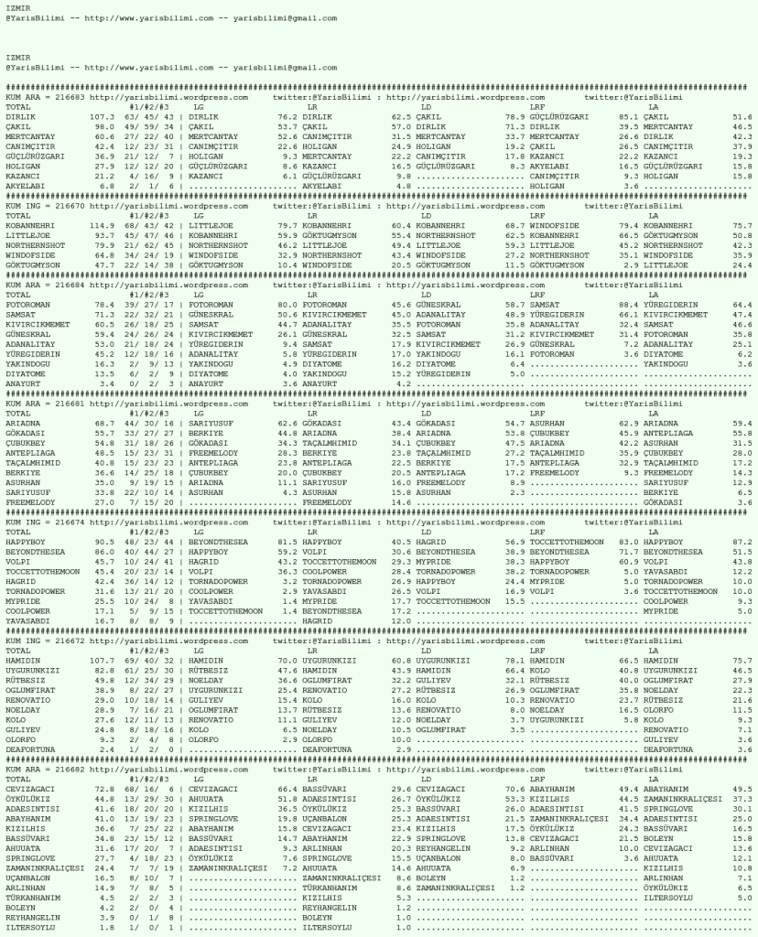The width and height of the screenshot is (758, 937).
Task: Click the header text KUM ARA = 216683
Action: point(45,96)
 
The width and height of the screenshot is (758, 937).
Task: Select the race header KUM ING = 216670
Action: point(45,205)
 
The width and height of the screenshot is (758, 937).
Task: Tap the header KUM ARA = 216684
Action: point(45,284)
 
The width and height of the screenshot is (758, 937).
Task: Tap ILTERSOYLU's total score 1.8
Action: point(106,928)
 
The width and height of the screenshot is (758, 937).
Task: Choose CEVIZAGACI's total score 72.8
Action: point(103,787)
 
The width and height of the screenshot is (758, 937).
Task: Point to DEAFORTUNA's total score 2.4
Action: point(106,748)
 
